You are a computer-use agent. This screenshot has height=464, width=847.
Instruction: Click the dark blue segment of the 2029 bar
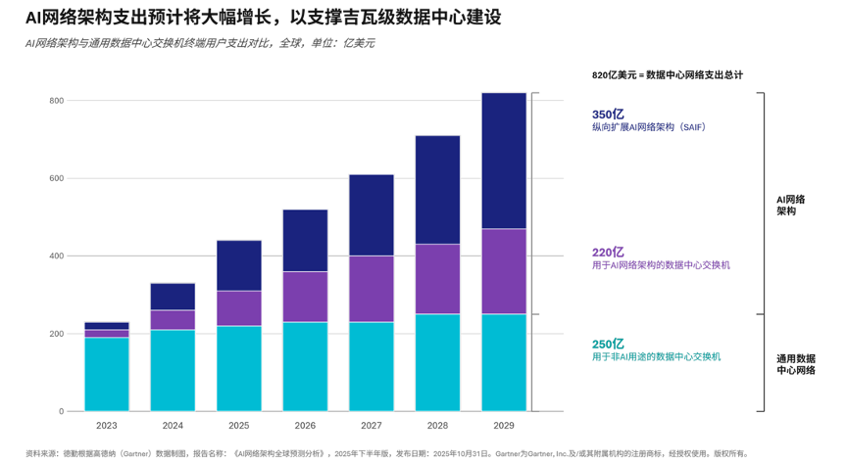504,161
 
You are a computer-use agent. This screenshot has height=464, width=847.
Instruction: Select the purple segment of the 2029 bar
504,271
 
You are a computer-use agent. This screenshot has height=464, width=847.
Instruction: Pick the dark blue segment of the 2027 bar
372,214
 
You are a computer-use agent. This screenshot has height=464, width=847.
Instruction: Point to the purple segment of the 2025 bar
238,308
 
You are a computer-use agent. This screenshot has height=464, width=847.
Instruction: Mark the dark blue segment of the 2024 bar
173,297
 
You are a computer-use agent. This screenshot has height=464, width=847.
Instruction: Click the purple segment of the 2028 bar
437,279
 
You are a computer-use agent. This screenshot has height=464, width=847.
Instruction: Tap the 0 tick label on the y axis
61,411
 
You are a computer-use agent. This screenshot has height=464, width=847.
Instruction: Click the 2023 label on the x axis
106,427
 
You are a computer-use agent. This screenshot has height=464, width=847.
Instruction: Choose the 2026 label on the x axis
305,427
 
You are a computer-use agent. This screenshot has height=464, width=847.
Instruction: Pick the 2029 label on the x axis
504,427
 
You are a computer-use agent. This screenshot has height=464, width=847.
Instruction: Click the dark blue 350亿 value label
608,115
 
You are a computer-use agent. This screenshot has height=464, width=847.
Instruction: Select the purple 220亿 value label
608,252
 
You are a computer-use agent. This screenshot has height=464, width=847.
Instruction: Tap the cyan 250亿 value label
608,344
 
